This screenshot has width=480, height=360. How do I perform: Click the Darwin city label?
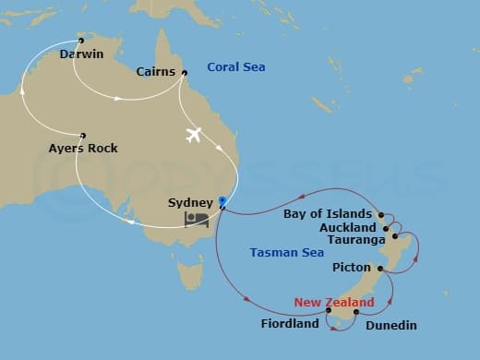pos(80,54)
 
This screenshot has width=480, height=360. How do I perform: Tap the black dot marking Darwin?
pos(81,41)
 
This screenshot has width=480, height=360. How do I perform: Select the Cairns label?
pos(156,71)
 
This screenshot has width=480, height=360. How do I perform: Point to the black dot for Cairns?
pos(185,73)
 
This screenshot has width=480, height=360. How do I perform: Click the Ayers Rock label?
pos(83,148)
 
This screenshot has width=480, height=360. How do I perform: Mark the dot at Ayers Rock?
pos(83,135)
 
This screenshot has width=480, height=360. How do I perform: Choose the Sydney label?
pos(190,202)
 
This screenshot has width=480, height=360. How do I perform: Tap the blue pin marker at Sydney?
pos(223,200)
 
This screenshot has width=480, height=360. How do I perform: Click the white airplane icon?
pos(194,135)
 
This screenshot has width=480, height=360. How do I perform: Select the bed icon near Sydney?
pos(196,220)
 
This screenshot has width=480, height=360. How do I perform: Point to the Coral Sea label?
pos(237,66)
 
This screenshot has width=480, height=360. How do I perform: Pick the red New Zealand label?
pos(334,303)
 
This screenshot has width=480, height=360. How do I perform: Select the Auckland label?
pos(346,227)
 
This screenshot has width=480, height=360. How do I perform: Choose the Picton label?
pos(350,268)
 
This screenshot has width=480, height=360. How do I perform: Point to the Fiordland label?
pos(292,324)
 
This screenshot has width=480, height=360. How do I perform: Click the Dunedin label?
pos(391,325)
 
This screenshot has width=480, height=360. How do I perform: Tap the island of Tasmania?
pos(190,274)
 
